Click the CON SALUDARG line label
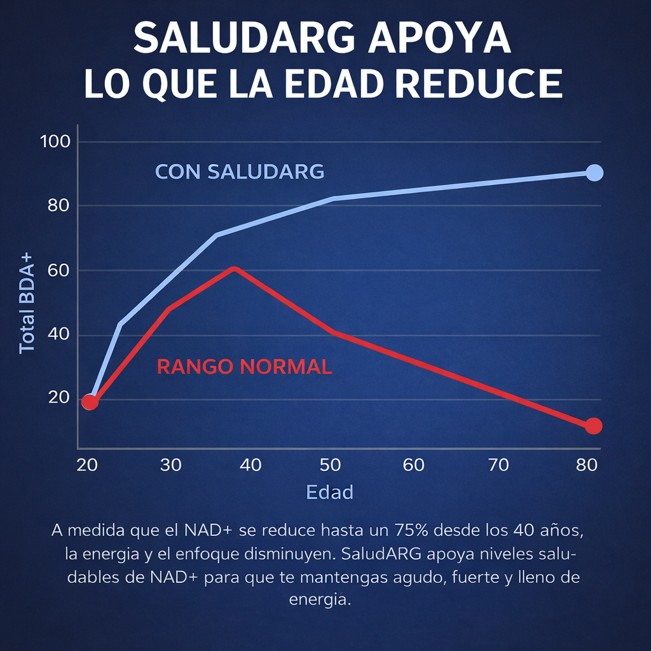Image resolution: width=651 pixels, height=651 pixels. [x=240, y=172]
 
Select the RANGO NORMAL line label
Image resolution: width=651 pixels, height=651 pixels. [x=244, y=367]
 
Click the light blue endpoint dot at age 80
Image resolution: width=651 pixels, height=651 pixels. [x=594, y=172]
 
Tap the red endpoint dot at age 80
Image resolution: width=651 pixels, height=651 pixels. [x=593, y=426]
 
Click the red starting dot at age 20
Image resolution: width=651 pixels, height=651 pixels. [x=90, y=402]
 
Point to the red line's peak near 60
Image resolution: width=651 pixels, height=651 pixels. [x=235, y=268]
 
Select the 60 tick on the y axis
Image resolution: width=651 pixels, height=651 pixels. [x=58, y=270]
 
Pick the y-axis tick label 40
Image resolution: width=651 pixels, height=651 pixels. [x=58, y=335]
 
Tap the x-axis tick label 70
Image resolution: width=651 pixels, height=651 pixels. [x=498, y=465]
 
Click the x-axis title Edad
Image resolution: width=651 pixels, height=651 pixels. [x=329, y=492]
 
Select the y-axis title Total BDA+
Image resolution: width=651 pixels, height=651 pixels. [x=27, y=302]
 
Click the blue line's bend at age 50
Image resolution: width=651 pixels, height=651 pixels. [x=332, y=198]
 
